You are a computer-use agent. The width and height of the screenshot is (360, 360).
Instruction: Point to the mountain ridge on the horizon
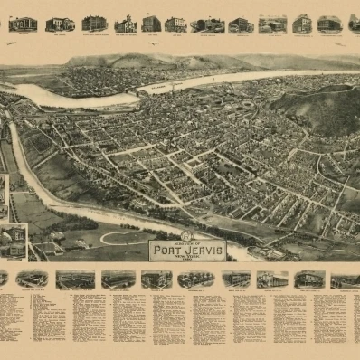click(x=154, y=62)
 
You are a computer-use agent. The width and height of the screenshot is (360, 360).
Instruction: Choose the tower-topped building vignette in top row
click(x=125, y=24)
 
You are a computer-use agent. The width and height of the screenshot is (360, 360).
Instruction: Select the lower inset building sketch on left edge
click(x=14, y=240)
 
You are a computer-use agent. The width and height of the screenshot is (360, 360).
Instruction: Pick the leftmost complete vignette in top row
click(x=23, y=24)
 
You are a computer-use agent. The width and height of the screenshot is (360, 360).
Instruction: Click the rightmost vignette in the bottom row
click(x=344, y=280)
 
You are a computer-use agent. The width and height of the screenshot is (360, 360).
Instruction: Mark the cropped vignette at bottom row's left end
click(x=3, y=278)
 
